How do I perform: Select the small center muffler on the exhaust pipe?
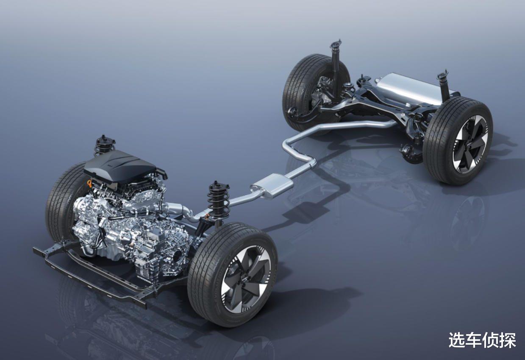coord(272,185)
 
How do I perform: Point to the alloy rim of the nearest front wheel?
coord(246,279)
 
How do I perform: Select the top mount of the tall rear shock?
coord(336,44)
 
